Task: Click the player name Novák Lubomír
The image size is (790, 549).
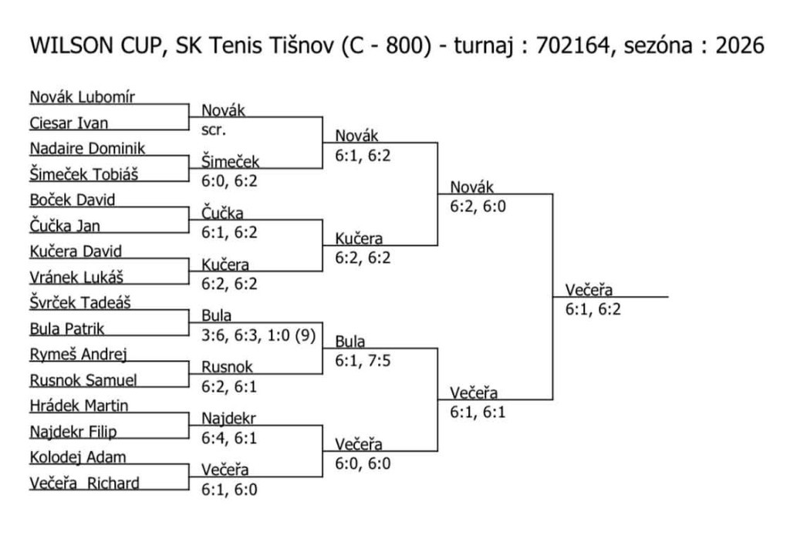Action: [82, 97]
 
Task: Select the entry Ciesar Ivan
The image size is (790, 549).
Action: [69, 123]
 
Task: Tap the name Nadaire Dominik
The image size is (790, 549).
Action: [87, 148]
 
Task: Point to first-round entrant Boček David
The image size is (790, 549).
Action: [72, 200]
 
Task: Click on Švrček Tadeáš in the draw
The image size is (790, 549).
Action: [79, 303]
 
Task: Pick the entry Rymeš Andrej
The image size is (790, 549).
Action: [78, 355]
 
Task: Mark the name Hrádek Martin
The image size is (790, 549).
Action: [79, 406]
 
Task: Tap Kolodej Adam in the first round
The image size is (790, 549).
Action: [77, 457]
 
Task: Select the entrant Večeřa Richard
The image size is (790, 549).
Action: [84, 483]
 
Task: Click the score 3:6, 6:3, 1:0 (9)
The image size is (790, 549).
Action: [258, 335]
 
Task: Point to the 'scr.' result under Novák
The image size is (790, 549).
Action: [214, 130]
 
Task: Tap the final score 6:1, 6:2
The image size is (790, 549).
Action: [592, 309]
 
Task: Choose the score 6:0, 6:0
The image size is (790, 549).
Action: [363, 464]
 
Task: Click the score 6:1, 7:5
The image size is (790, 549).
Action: [363, 361]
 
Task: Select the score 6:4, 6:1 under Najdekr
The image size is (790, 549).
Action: [229, 438]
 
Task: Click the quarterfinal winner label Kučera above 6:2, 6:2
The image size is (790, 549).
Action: [358, 239]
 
